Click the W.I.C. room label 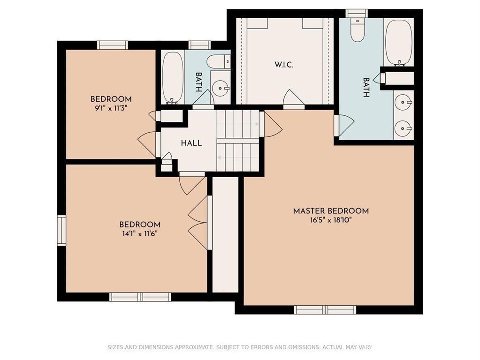pos(284,65)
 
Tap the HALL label pos(191,143)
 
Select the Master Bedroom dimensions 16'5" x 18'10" pos(331,220)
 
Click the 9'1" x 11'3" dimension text pos(111,108)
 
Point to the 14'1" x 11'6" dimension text pos(140,234)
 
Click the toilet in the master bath pos(357,30)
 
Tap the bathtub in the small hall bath pos(172,78)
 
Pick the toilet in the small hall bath pos(218,62)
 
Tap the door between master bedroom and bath pos(344,126)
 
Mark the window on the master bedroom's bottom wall pos(325,310)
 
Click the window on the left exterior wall pos(62,230)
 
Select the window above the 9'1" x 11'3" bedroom pos(113,45)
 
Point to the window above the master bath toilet pos(357,14)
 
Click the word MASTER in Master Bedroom pos(309,211)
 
